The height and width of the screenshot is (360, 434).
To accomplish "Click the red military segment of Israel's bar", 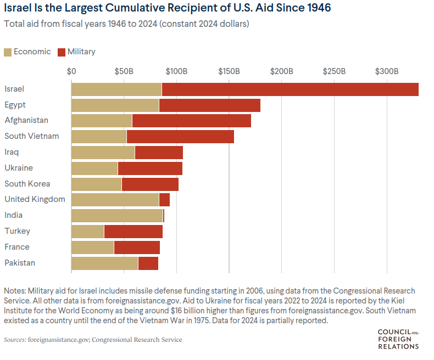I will (x=290, y=89).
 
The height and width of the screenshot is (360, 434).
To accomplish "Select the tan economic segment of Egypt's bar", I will (x=115, y=105).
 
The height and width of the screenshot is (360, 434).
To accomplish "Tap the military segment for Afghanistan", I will (x=191, y=121).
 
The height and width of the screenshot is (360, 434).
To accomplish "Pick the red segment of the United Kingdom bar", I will (x=164, y=200).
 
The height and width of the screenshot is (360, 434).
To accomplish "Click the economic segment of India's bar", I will (x=116, y=216).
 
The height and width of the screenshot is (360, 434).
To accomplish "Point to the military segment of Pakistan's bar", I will (x=148, y=263).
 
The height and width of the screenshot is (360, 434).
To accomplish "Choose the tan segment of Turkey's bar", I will (x=87, y=232).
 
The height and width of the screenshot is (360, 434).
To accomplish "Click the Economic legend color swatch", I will (x=8, y=52).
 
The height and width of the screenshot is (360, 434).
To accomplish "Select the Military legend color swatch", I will (x=62, y=52).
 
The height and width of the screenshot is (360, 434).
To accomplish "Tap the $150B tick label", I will (x=229, y=72).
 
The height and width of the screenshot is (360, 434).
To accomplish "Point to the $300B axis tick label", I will (x=387, y=72).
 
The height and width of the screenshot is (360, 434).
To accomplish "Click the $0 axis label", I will (x=71, y=72).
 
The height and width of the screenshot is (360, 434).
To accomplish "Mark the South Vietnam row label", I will (x=31, y=136).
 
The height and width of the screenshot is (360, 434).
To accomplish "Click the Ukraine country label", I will (x=19, y=168).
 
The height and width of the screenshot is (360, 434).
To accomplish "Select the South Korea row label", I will (x=27, y=184).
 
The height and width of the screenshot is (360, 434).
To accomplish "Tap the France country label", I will (x=17, y=247).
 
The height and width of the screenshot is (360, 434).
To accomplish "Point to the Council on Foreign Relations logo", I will (x=398, y=339).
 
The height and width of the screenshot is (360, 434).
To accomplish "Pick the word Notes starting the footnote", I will (x=14, y=290).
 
